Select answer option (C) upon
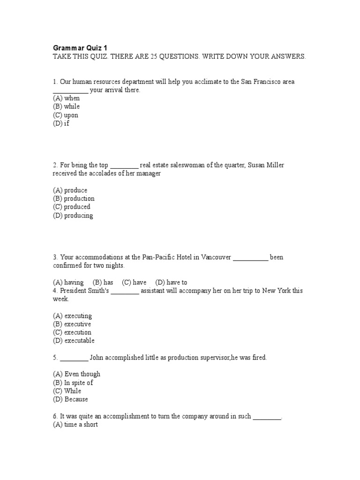point(66,115)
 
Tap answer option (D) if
point(61,123)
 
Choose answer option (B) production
point(74,198)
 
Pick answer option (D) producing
point(73,216)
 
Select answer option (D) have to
point(171,282)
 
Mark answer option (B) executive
point(72,324)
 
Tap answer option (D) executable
point(74,341)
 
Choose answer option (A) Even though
point(76,374)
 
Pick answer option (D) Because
point(70,399)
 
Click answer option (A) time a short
point(75,425)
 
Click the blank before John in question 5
point(74,358)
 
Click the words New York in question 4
point(277,291)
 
